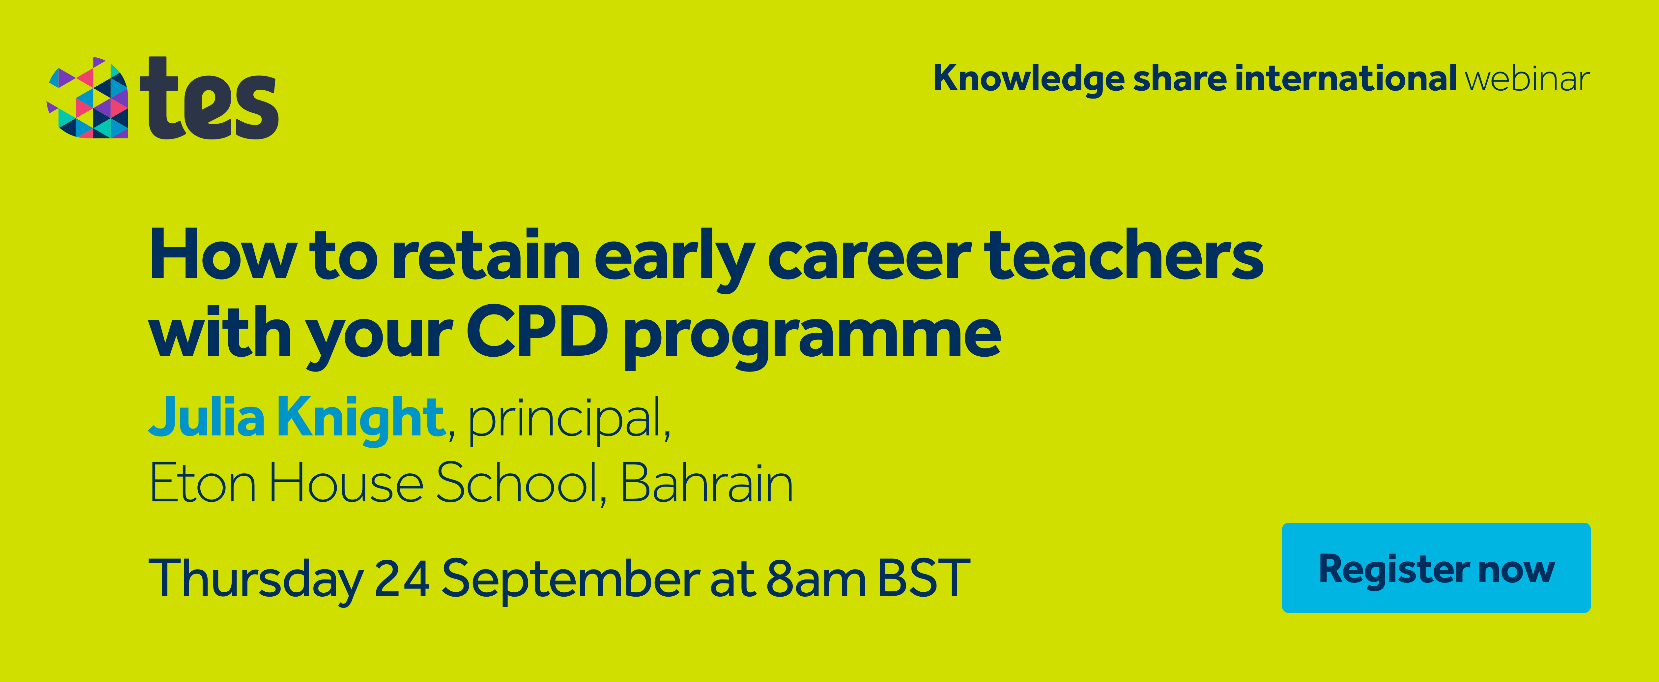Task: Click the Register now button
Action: click(x=1436, y=567)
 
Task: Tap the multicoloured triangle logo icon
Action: click(x=88, y=98)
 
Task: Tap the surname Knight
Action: click(x=361, y=420)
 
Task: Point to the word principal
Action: click(x=565, y=420)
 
